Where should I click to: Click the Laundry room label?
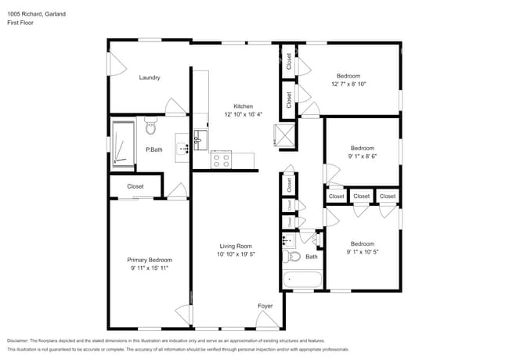[x=150, y=77]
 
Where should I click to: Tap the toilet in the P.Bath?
[x=152, y=125]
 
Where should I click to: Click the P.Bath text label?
[x=153, y=149]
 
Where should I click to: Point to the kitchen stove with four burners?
[x=221, y=160]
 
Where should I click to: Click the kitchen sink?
[x=197, y=141]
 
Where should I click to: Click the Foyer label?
[x=265, y=305]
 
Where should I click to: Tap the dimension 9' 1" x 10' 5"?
[x=362, y=252]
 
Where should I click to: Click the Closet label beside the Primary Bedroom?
[x=135, y=186]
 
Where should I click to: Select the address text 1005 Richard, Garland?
[x=37, y=13]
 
